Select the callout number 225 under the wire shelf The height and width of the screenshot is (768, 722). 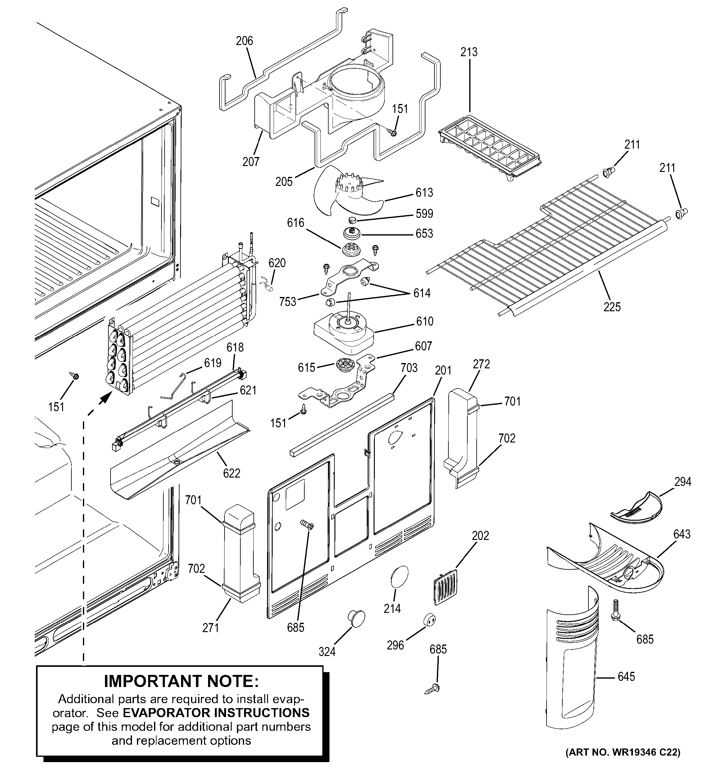point(612,307)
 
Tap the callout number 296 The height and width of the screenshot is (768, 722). point(395,645)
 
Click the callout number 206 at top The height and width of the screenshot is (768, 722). point(244,41)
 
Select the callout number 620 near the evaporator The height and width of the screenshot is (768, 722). point(277,263)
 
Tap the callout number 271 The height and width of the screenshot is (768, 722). point(211,628)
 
